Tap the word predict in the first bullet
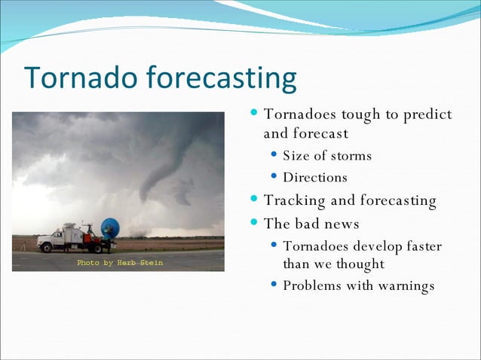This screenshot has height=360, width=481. (x=427, y=114)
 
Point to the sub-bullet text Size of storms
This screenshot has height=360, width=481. (x=327, y=156)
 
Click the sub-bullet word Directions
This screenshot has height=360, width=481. (x=315, y=178)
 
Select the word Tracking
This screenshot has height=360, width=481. (x=295, y=200)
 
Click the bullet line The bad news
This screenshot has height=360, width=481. (x=311, y=224)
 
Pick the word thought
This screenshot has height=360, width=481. (x=360, y=264)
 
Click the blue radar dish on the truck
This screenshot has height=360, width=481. (x=110, y=228)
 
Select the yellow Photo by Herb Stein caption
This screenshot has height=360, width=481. (x=120, y=263)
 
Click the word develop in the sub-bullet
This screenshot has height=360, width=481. (x=381, y=247)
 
